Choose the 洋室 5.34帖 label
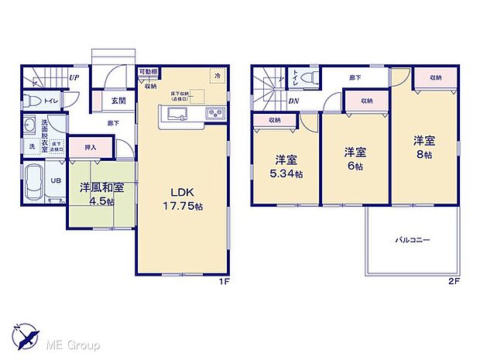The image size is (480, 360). pyautogui.click(x=285, y=167)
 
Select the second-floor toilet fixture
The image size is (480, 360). pyautogui.click(x=308, y=77)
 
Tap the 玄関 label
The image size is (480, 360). pyautogui.click(x=107, y=101)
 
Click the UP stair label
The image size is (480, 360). pyautogui.click(x=74, y=77)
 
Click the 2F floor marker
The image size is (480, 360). pyautogui.click(x=454, y=281)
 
